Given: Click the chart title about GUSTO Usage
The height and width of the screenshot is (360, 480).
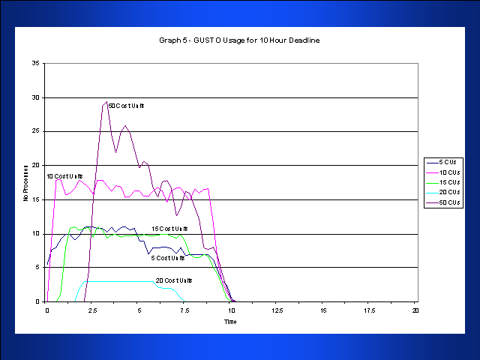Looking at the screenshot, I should [x=239, y=40].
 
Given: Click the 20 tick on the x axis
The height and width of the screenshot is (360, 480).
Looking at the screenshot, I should [x=415, y=310].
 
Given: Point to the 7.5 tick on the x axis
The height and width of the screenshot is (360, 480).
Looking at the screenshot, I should [x=184, y=310].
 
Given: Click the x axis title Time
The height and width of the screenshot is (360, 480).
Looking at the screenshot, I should [x=230, y=321].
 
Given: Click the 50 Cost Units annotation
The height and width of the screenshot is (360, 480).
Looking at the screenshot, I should [x=125, y=106].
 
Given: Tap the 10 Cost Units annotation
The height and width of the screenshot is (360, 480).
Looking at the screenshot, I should [x=64, y=176].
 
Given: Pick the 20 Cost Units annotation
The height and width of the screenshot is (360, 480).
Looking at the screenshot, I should [x=174, y=280].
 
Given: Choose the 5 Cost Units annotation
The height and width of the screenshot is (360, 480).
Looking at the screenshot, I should [x=167, y=258].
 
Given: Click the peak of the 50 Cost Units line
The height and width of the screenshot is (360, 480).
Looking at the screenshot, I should [x=106, y=102].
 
